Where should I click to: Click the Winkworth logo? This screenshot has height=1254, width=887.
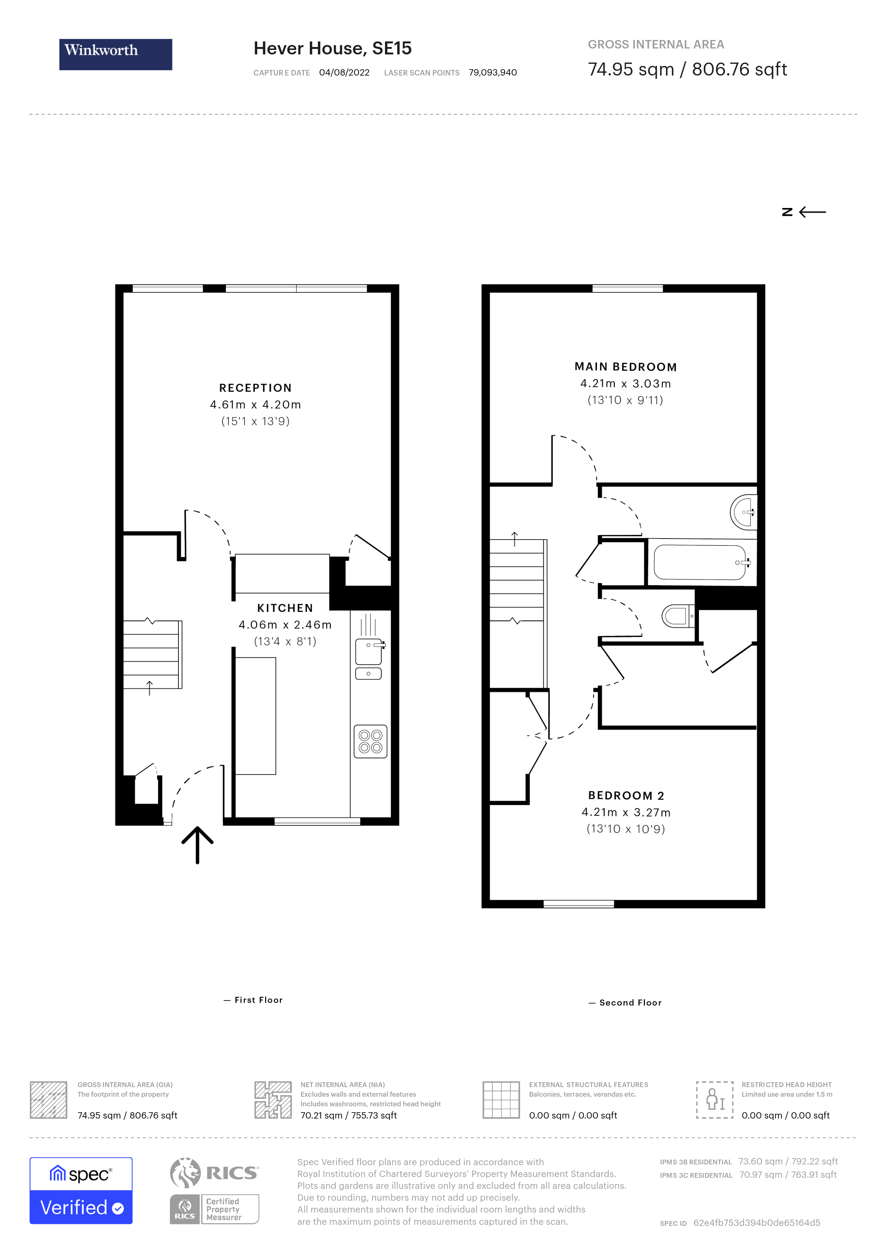coord(115,54)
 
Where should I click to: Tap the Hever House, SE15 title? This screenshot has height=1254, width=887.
coord(332,48)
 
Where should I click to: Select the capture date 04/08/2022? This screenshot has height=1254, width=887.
coord(344,73)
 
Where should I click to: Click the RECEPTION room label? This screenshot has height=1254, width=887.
coord(255,388)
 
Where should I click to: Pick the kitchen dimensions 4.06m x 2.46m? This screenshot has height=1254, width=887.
coord(285,624)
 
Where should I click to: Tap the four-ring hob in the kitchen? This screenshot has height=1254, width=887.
coord(370,741)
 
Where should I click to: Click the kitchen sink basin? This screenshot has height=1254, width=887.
coord(369,651)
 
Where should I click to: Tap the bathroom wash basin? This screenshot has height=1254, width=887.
coord(743,512)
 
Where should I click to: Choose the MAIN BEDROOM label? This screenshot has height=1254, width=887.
coord(625,367)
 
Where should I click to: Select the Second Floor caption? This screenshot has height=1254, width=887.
coord(630,1003)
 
